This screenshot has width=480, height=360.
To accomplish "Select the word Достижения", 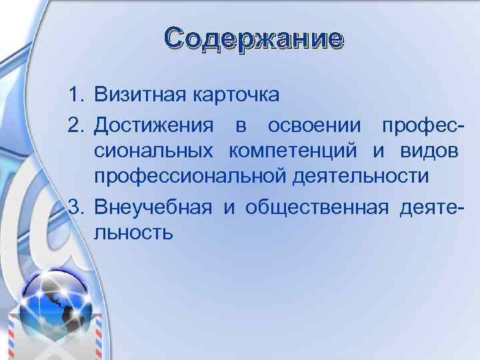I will (x=154, y=125).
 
